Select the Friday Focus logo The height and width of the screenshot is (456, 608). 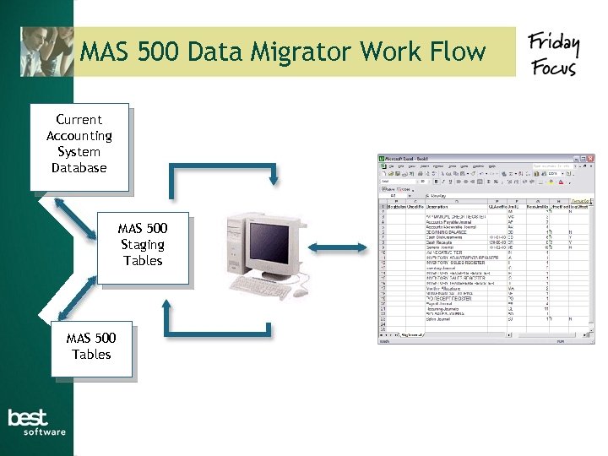[553, 54]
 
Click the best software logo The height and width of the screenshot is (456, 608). [36, 421]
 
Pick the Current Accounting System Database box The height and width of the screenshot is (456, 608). [79, 144]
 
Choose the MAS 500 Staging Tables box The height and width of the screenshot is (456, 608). [142, 245]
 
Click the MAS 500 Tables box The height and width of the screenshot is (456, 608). [91, 347]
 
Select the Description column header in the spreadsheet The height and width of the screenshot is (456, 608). [437, 205]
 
